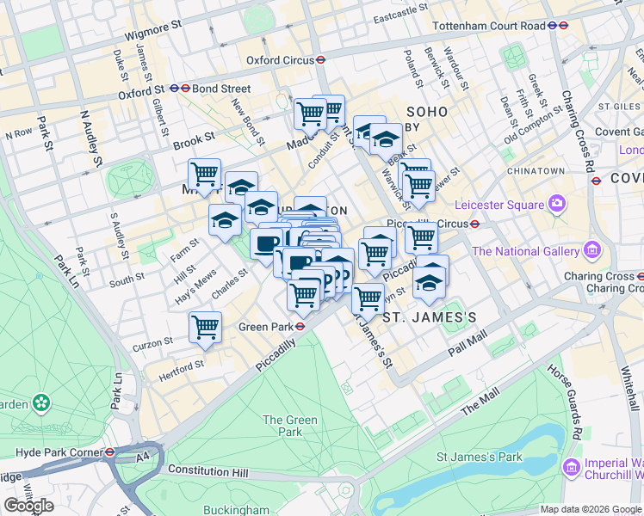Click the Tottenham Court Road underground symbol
point(562,26)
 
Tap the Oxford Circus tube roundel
point(319,60)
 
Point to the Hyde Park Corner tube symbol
point(110,451)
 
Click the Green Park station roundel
point(300,327)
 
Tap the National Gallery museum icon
point(591,251)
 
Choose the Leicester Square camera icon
point(557,205)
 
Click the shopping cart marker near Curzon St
point(205,327)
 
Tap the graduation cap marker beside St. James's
point(429,281)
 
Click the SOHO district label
point(427,112)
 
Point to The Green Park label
point(290,426)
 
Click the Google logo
point(28,506)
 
